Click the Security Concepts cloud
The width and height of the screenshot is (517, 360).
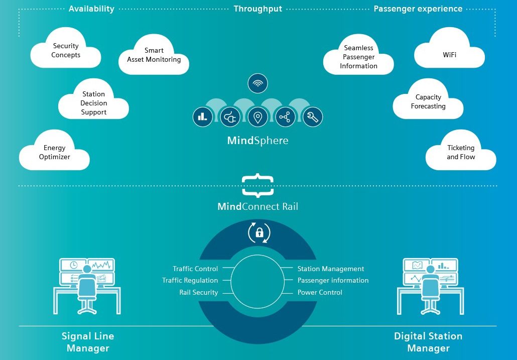coord(66,49)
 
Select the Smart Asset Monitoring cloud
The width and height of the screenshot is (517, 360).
coord(154,55)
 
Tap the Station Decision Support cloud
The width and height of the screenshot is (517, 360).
coord(94,100)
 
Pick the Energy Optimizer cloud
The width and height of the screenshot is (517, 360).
coord(54,152)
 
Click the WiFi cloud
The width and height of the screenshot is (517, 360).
coord(449,49)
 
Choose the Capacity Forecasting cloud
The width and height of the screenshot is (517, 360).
coord(428,100)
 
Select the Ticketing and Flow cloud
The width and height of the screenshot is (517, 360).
coord(461,152)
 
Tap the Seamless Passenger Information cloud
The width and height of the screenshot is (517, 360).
coord(358,55)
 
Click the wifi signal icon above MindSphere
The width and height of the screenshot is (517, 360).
coord(257,83)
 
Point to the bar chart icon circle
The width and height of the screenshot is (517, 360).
coord(202,116)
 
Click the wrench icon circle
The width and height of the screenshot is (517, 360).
coord(313,116)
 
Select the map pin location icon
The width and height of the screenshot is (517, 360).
coord(257,116)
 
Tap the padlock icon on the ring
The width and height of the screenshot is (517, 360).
coord(260,232)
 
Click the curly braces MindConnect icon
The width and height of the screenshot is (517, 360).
coord(257,186)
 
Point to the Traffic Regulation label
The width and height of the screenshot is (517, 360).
coord(190,281)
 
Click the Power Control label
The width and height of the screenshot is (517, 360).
coord(320,292)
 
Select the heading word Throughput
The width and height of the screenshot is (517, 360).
coord(258,9)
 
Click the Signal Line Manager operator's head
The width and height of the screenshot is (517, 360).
coord(87,269)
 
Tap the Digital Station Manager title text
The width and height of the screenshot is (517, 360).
coord(428,342)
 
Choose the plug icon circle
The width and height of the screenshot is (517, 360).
coord(230,116)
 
